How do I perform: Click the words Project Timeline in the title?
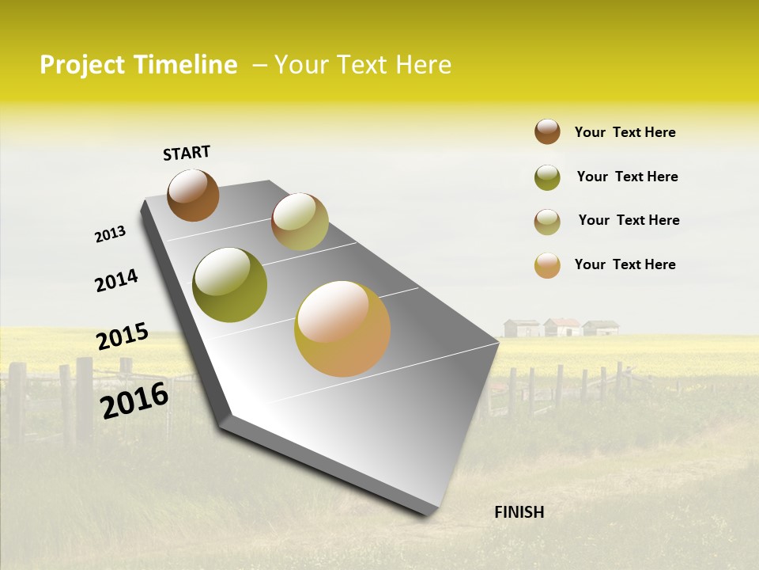coord(138,65)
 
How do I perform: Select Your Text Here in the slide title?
coord(363,65)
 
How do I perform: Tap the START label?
coord(187,153)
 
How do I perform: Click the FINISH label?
coord(519,512)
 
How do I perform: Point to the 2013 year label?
coord(110,234)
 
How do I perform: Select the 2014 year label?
coord(116,280)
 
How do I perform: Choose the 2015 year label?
coord(123,336)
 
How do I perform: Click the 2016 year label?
coord(134,401)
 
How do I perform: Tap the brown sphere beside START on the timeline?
coord(193,195)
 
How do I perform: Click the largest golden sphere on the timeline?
coord(342,329)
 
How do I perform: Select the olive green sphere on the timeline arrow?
coord(229,285)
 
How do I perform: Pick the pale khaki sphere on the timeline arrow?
coord(300,222)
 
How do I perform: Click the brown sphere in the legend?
coord(547,131)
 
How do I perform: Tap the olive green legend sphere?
coord(547,177)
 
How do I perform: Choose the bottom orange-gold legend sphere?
coord(547,265)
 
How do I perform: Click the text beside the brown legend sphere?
coord(625,132)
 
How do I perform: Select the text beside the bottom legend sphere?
coord(625,264)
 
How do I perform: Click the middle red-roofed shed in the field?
coord(563,327)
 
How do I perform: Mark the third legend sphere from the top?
coord(547,222)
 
